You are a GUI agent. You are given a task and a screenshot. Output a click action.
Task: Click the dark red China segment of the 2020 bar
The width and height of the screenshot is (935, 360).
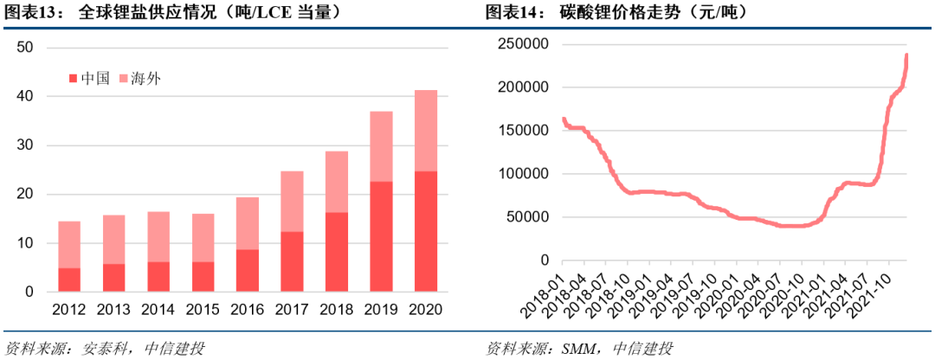click(x=425, y=231)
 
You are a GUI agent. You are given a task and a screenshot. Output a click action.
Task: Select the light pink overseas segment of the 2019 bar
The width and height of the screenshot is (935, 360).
click(x=381, y=146)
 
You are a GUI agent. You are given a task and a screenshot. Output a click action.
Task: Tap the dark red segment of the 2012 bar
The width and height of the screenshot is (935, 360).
click(x=70, y=280)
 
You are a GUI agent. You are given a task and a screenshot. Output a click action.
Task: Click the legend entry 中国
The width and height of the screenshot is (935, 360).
click(x=89, y=79)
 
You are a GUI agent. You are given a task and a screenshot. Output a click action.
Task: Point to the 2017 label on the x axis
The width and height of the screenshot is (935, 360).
click(x=292, y=309)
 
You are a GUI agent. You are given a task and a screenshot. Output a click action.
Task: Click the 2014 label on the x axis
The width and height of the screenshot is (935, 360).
click(x=158, y=309)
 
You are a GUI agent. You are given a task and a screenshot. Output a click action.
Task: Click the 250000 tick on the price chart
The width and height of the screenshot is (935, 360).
click(x=523, y=44)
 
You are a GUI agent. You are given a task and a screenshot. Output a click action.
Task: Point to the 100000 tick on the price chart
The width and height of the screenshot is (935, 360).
click(x=523, y=174)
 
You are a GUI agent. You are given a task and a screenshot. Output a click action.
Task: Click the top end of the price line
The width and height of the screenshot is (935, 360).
click(x=906, y=55)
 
